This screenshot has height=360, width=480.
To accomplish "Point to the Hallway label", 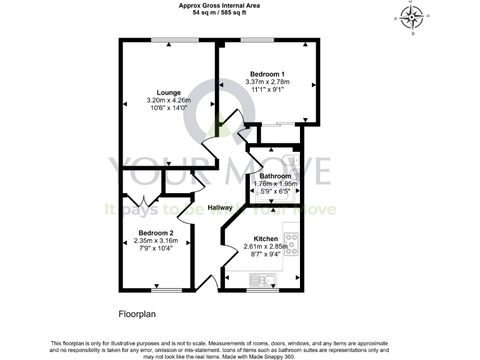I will click(220, 207).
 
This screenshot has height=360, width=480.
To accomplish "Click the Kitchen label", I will click(266, 238).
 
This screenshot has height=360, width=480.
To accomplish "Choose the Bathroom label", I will click(276, 176).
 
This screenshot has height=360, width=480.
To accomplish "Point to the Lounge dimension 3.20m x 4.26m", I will click(169, 100).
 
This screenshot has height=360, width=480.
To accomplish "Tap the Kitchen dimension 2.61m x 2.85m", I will click(266, 246).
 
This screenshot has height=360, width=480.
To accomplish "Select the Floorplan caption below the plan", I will click(136, 314).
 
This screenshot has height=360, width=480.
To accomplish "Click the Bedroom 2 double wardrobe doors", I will click(143, 201).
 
